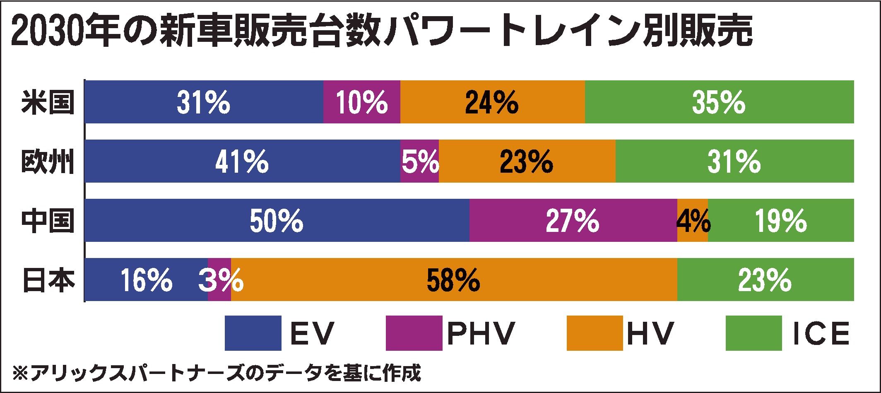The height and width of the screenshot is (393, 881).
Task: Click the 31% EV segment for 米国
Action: click(204, 102)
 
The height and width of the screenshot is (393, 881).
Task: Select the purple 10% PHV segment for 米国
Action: click(361, 102)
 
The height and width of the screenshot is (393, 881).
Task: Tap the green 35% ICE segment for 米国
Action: click(719, 102)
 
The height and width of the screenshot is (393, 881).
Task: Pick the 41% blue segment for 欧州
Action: click(242, 161)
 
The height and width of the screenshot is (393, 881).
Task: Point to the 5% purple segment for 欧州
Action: click(419, 161)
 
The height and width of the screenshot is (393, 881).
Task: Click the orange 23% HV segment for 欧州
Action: click(527, 161)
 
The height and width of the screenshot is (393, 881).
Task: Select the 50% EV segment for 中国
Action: click(277, 220)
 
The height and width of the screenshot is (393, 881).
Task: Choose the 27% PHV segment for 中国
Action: click(573, 220)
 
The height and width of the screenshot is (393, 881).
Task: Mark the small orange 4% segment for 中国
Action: click(692, 220)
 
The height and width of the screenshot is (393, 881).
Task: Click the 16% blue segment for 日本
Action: click(146, 280)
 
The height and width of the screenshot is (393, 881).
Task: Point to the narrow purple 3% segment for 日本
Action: click(219, 280)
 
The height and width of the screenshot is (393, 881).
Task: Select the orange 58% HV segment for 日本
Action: click(454, 280)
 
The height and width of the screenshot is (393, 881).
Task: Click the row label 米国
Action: click(48, 102)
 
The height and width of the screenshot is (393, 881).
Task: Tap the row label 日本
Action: click(48, 280)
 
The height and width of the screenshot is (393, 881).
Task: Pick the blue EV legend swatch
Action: click(253, 333)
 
